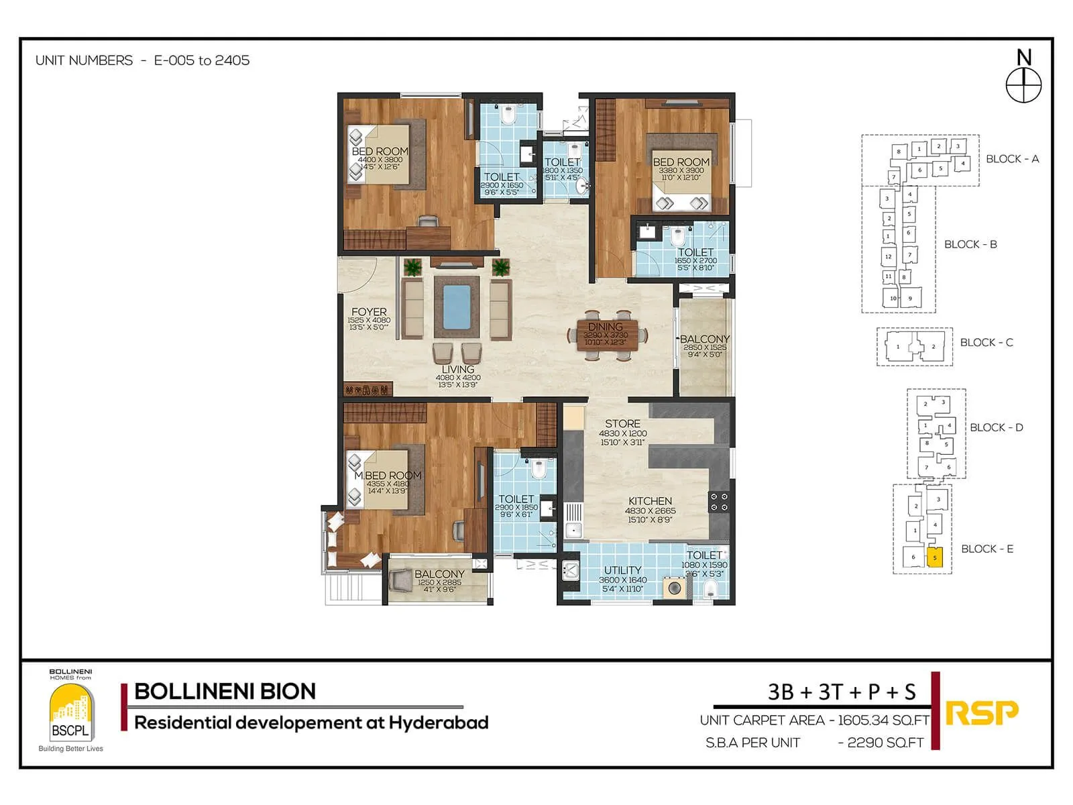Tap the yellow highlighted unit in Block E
click(934, 557)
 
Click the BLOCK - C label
click(986, 343)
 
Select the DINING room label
click(605, 327)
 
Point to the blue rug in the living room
click(456, 307)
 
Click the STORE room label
click(622, 424)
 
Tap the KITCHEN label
click(649, 501)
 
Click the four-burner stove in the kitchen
click(718, 502)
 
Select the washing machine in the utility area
click(674, 588)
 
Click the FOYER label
click(369, 312)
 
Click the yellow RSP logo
click(981, 712)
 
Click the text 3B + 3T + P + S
click(841, 692)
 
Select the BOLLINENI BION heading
click(225, 692)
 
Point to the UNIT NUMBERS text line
click(142, 60)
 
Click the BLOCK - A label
click(1011, 159)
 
